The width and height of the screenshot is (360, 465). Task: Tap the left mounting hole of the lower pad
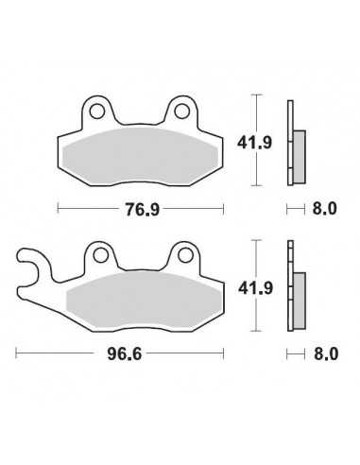click(99, 256)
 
